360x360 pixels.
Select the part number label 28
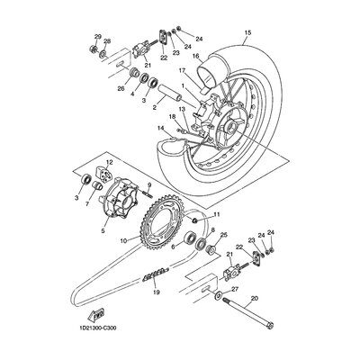[108, 41]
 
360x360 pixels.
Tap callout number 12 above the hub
[110, 162]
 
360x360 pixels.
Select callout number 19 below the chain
[156, 291]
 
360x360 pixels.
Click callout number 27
[235, 290]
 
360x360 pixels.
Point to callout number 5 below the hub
[104, 231]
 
